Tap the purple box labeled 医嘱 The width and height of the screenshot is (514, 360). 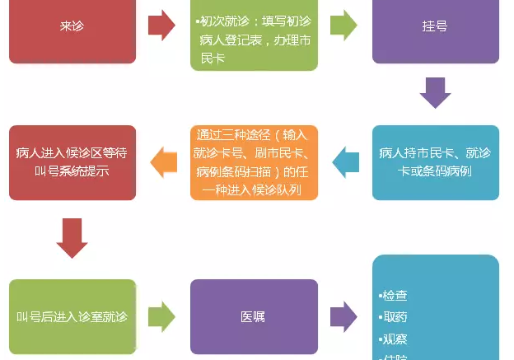pyautogui.click(x=253, y=316)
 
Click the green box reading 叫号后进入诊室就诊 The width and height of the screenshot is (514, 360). pyautogui.click(x=72, y=316)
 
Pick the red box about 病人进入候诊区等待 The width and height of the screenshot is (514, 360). pyautogui.click(x=72, y=162)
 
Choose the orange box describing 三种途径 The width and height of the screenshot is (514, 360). pyautogui.click(x=253, y=162)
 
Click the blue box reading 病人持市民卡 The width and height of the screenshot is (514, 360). pyautogui.click(x=435, y=162)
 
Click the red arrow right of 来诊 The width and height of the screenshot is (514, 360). pyautogui.click(x=161, y=26)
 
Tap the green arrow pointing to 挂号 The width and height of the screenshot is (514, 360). pyautogui.click(x=343, y=26)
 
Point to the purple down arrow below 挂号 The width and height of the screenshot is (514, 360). pyautogui.click(x=435, y=92)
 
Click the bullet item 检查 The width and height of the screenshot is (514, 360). pyautogui.click(x=395, y=295)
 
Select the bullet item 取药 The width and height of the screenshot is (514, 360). pyautogui.click(x=395, y=316)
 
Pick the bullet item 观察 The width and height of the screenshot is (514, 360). pyautogui.click(x=395, y=338)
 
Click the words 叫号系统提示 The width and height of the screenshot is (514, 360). pyautogui.click(x=72, y=172)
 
